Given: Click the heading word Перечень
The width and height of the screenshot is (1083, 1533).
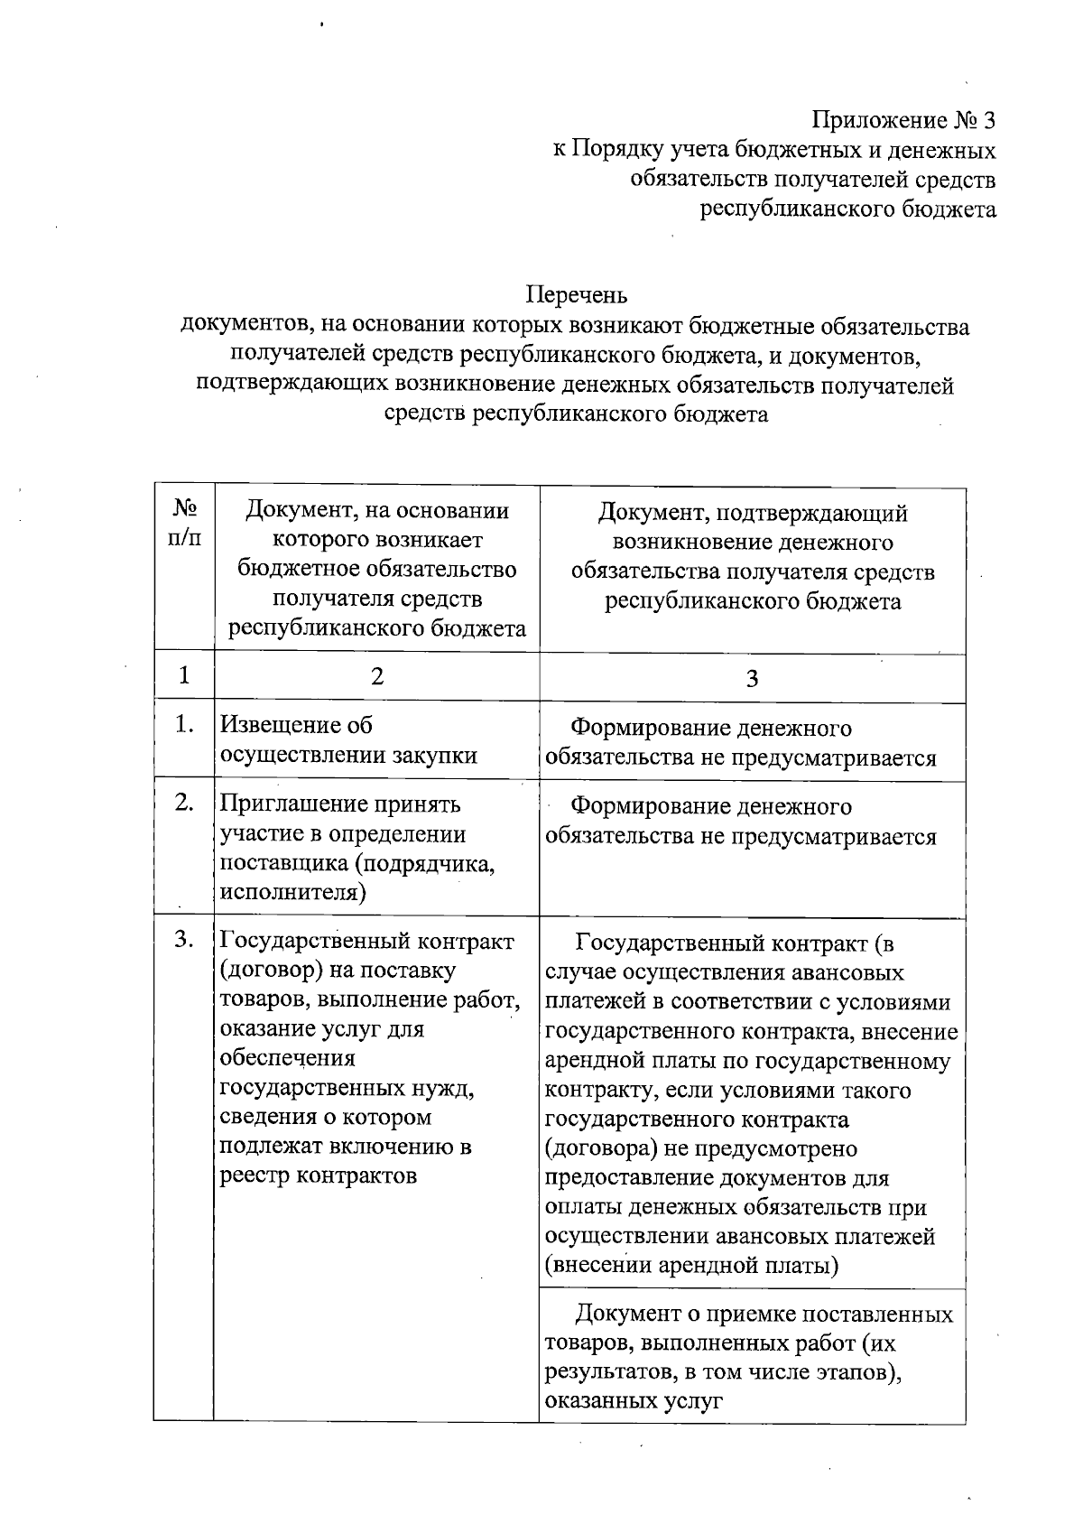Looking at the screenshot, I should (x=576, y=295).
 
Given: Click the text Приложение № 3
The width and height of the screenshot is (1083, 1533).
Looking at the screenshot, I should (x=903, y=121).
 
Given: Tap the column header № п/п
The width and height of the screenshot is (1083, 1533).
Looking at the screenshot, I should (x=184, y=525).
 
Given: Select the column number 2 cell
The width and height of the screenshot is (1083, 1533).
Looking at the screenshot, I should (x=376, y=676).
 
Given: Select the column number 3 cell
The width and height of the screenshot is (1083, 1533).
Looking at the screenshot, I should (x=752, y=679).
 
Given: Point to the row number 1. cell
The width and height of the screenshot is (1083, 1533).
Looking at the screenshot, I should (x=184, y=725).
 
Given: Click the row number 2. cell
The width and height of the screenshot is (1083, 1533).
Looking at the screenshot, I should (x=184, y=803).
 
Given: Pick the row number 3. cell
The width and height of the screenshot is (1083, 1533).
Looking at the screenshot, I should (x=184, y=940).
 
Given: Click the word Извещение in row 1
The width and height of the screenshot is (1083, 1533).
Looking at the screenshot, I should (x=283, y=726).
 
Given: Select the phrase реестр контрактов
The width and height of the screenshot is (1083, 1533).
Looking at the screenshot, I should (x=319, y=1176).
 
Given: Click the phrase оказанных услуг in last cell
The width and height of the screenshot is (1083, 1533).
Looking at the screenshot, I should (x=634, y=1402).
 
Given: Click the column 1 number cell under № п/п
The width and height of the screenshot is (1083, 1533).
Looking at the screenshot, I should (x=184, y=675).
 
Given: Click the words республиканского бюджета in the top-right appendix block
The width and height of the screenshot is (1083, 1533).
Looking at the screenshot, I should (x=848, y=209).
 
